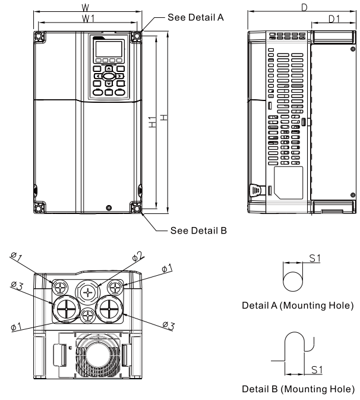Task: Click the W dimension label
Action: click(x=87, y=8)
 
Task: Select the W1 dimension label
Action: click(x=87, y=18)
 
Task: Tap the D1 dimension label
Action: click(x=333, y=19)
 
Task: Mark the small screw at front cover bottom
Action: click(x=108, y=207)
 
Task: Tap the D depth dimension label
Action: click(x=305, y=7)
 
